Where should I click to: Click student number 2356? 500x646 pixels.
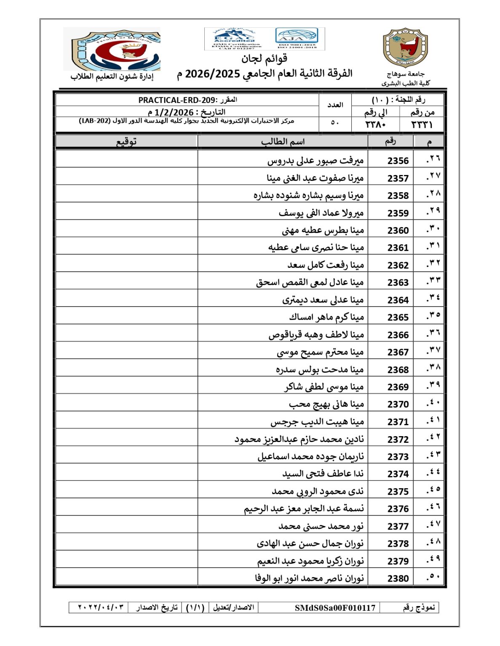(398, 161)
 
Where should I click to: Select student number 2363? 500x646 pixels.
(398, 283)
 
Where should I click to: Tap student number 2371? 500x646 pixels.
(398, 422)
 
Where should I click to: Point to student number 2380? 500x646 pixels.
(398, 578)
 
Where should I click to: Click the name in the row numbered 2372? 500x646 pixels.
(299, 439)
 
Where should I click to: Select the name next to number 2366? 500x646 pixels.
(316, 335)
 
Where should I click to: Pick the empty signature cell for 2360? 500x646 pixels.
(126, 230)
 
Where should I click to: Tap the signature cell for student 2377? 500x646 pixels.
(126, 526)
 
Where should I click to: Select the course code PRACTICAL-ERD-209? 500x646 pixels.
(177, 100)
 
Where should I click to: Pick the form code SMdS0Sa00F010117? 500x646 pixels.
(334, 608)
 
